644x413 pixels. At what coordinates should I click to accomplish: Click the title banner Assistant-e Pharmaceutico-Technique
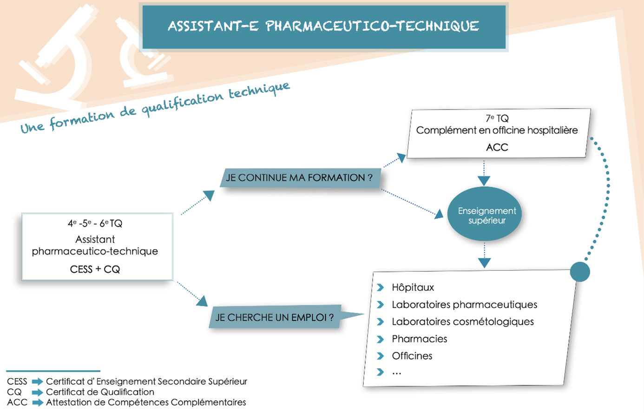coord(323,26)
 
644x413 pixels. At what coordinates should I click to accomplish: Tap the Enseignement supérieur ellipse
coord(485,214)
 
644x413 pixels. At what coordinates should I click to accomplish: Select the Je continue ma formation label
coord(299,177)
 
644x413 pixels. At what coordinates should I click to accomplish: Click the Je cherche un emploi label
coord(275,318)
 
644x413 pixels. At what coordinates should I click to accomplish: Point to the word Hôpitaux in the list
coord(413,288)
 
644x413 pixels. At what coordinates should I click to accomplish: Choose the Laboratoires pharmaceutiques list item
coord(464,305)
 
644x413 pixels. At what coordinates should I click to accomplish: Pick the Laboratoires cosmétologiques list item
coord(462,321)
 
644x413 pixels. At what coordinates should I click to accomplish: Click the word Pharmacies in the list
coord(419,339)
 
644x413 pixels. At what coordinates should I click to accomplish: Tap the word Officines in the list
coord(412,356)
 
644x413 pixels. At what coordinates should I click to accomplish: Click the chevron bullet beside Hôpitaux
coord(381,288)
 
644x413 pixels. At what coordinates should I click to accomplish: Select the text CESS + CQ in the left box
coord(95,269)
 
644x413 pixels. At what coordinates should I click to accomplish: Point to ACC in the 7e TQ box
coord(497,147)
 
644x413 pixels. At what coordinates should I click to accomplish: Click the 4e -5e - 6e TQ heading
coord(95,223)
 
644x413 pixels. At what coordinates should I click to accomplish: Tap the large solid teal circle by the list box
coord(580,272)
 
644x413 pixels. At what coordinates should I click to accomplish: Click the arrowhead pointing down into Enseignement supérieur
coord(484,181)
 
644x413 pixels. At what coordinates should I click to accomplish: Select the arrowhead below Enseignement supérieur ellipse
coord(484,263)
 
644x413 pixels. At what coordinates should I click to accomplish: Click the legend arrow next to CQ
coord(37,392)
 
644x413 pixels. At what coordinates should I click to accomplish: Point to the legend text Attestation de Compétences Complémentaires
coord(146,402)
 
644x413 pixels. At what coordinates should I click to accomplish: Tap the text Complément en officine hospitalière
coord(497,131)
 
